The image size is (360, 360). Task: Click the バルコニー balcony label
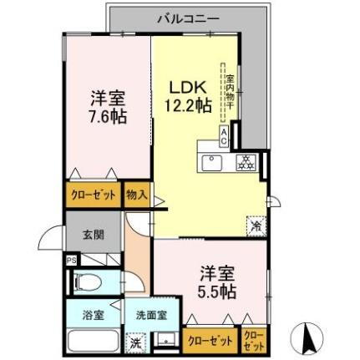(190, 17)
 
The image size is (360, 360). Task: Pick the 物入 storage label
(137, 196)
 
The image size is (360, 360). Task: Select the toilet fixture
(89, 283)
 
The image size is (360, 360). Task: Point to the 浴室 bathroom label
(94, 315)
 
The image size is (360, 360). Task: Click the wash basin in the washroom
(165, 341)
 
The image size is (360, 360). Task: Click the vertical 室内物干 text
(229, 92)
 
